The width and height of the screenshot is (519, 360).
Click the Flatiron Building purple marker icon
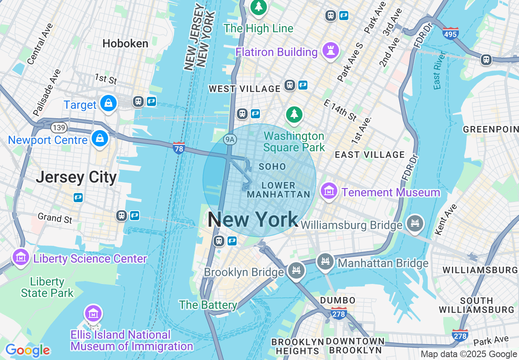(x=330, y=51)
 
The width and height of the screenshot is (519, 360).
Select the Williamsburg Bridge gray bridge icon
(x=415, y=223)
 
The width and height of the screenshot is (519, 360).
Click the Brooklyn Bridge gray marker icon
(x=296, y=270)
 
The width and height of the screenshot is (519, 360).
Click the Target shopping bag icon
(x=108, y=103)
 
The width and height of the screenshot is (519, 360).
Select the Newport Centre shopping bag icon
(x=100, y=139)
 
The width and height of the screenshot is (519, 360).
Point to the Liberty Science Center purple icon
(x=20, y=257)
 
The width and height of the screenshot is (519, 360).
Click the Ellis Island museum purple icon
(x=93, y=314)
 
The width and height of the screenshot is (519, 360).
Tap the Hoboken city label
(x=125, y=43)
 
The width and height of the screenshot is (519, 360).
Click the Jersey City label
(x=76, y=178)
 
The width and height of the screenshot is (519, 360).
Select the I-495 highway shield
(x=450, y=33)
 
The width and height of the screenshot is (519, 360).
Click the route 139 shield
(x=59, y=128)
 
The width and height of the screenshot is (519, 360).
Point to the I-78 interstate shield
(x=179, y=148)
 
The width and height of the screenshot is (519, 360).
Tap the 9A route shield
(x=230, y=139)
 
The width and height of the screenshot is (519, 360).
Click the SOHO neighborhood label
(x=272, y=167)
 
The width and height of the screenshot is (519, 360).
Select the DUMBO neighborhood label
(x=338, y=301)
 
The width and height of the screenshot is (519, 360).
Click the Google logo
(x=27, y=350)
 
